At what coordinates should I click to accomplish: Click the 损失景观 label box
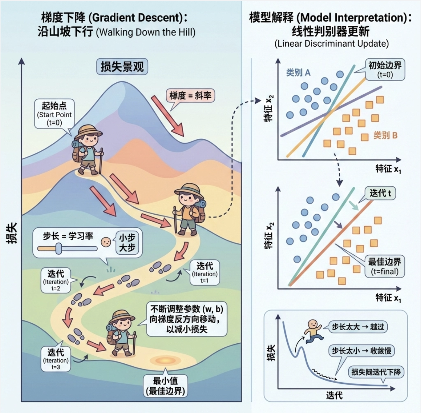pyautogui.click(x=122, y=67)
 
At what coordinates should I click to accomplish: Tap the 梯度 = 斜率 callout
pyautogui.click(x=190, y=95)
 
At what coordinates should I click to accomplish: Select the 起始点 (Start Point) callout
pyautogui.click(x=54, y=114)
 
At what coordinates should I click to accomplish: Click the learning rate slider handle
pyautogui.click(x=59, y=249)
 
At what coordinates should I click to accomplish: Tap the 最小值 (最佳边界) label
pyautogui.click(x=165, y=386)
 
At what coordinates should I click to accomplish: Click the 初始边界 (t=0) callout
pyautogui.click(x=385, y=69)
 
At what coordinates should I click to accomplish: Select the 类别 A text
pyautogui.click(x=298, y=73)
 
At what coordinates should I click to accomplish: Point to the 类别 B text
pyautogui.click(x=385, y=135)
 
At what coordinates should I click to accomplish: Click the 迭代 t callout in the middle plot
pyautogui.click(x=380, y=193)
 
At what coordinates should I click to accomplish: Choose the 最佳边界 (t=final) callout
pyautogui.click(x=384, y=266)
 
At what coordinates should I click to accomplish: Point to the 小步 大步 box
pyautogui.click(x=127, y=243)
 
